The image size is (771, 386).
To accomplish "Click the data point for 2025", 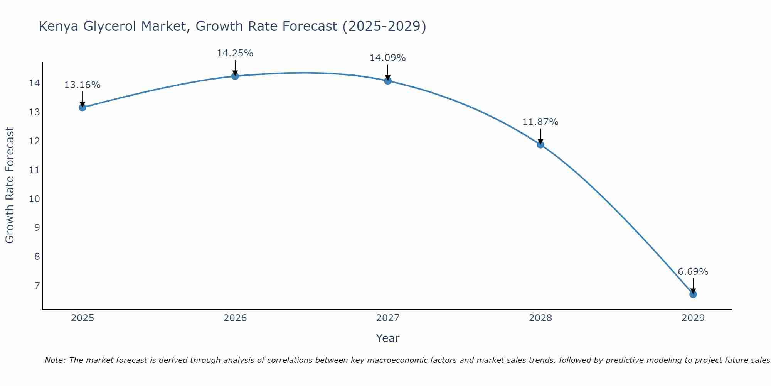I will pos(82,107).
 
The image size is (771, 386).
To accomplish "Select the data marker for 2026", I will pos(235,76).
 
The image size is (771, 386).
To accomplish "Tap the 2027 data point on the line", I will pos(387,81).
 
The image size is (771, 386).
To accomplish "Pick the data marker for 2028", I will pos(540,145).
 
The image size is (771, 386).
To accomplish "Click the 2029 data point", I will pos(693,295).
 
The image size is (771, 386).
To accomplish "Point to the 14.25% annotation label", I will pos(235,53).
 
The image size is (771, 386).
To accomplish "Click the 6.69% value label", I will pos(693,272).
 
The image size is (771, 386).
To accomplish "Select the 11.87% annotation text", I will pos(540,122).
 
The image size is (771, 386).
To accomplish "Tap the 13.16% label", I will pos(82,85).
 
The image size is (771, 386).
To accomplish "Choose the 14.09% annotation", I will pos(387,58).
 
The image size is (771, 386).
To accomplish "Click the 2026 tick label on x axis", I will pos(235,318).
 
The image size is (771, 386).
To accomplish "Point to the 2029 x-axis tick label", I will pos(693,318).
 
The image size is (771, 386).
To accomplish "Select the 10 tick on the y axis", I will pos(34,199).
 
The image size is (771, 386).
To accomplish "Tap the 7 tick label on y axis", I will pos(37,285).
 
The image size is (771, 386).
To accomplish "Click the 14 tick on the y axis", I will pos(34,83).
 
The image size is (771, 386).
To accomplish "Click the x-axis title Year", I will pos(387,338).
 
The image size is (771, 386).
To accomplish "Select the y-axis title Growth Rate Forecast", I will pos(10,185).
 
